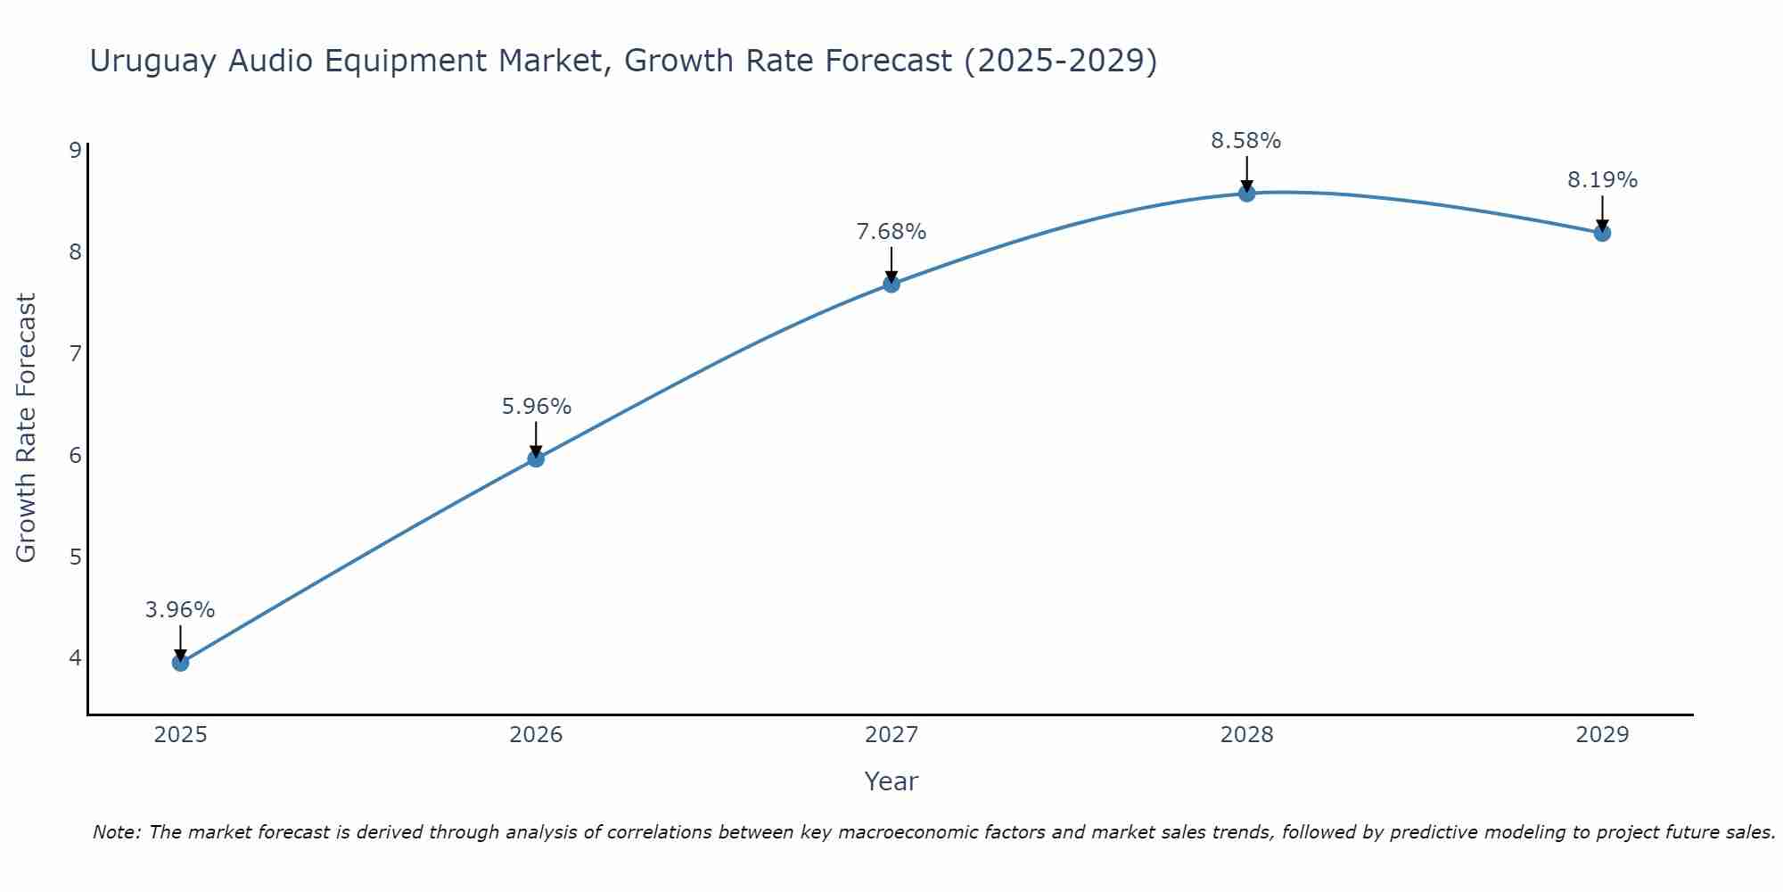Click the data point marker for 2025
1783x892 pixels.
[x=180, y=663]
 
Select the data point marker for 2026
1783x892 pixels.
[x=536, y=458]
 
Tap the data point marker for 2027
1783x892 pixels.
[x=891, y=285]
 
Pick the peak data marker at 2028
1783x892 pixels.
[x=1247, y=194]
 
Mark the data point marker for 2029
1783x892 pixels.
[x=1602, y=234]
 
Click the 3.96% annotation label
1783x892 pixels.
[x=180, y=610]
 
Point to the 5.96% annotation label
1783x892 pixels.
[x=536, y=407]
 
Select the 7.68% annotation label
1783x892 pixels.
[x=891, y=232]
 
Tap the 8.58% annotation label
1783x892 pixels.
[x=1245, y=141]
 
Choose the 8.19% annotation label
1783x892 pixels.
[x=1602, y=180]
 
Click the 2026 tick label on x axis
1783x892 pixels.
[x=536, y=735]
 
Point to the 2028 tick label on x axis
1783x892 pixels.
[x=1247, y=735]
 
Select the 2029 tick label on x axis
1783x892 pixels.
[x=1602, y=735]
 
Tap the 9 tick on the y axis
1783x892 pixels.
[x=75, y=150]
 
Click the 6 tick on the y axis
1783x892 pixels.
[x=75, y=456]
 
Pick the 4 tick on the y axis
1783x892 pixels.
[x=75, y=658]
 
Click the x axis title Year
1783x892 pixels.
[x=891, y=781]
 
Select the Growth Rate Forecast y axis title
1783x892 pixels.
[x=27, y=428]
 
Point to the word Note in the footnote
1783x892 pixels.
[x=116, y=832]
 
